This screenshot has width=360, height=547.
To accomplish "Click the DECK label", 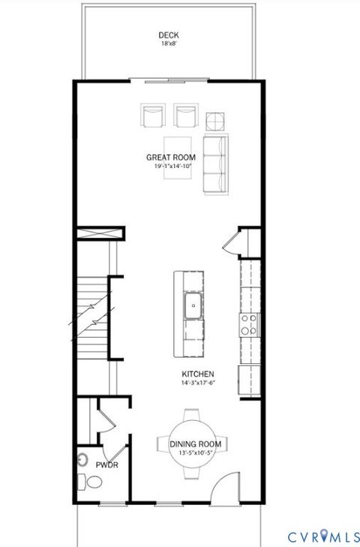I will tap(168, 35).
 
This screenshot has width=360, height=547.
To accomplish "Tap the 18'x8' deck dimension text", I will tap(168, 44).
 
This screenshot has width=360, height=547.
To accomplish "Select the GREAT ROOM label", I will tap(166, 158).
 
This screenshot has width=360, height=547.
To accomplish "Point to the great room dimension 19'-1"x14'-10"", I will tap(166, 167).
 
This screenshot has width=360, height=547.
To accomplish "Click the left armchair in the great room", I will tap(153, 116).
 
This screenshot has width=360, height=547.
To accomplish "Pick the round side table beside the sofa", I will tap(215, 120).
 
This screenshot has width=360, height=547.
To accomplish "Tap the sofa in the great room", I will tap(215, 164).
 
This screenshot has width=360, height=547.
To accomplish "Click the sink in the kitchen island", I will tap(193, 305).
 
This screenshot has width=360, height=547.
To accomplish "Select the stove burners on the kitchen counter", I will tap(248, 323).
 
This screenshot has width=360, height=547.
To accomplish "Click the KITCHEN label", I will tap(198, 374).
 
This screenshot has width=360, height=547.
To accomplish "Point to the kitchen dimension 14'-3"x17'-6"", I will tap(198, 383).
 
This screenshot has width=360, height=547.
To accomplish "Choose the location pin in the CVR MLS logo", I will tap(324, 536).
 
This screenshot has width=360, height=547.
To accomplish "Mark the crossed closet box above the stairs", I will tap(97, 235).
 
